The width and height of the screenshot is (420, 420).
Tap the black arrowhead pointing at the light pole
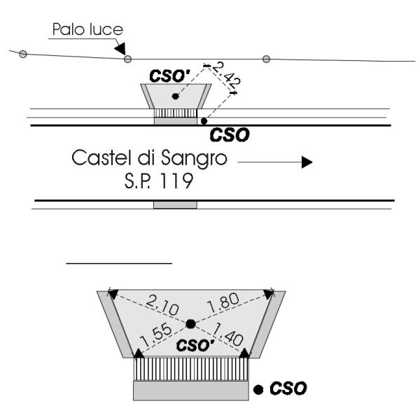tap(121, 49)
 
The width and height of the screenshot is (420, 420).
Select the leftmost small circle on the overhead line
tap(22, 54)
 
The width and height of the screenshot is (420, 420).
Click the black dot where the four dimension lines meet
tap(190, 323)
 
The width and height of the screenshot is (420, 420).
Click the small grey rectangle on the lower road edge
tap(175, 204)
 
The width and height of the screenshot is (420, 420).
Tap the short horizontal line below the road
tap(119, 264)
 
